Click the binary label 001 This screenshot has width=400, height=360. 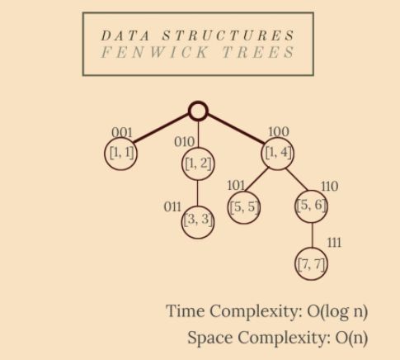[x=122, y=133]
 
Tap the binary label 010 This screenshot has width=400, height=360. [x=184, y=142]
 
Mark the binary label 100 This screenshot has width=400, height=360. [x=279, y=132]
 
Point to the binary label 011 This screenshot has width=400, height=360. [x=172, y=206]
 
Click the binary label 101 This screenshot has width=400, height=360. [x=236, y=186]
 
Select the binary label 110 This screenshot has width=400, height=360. [x=329, y=187]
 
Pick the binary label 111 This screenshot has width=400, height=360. [x=334, y=243]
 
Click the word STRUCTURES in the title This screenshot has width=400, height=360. [x=228, y=36]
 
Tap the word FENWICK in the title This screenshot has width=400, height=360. [x=154, y=52]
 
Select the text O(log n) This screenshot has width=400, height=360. [x=337, y=311]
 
